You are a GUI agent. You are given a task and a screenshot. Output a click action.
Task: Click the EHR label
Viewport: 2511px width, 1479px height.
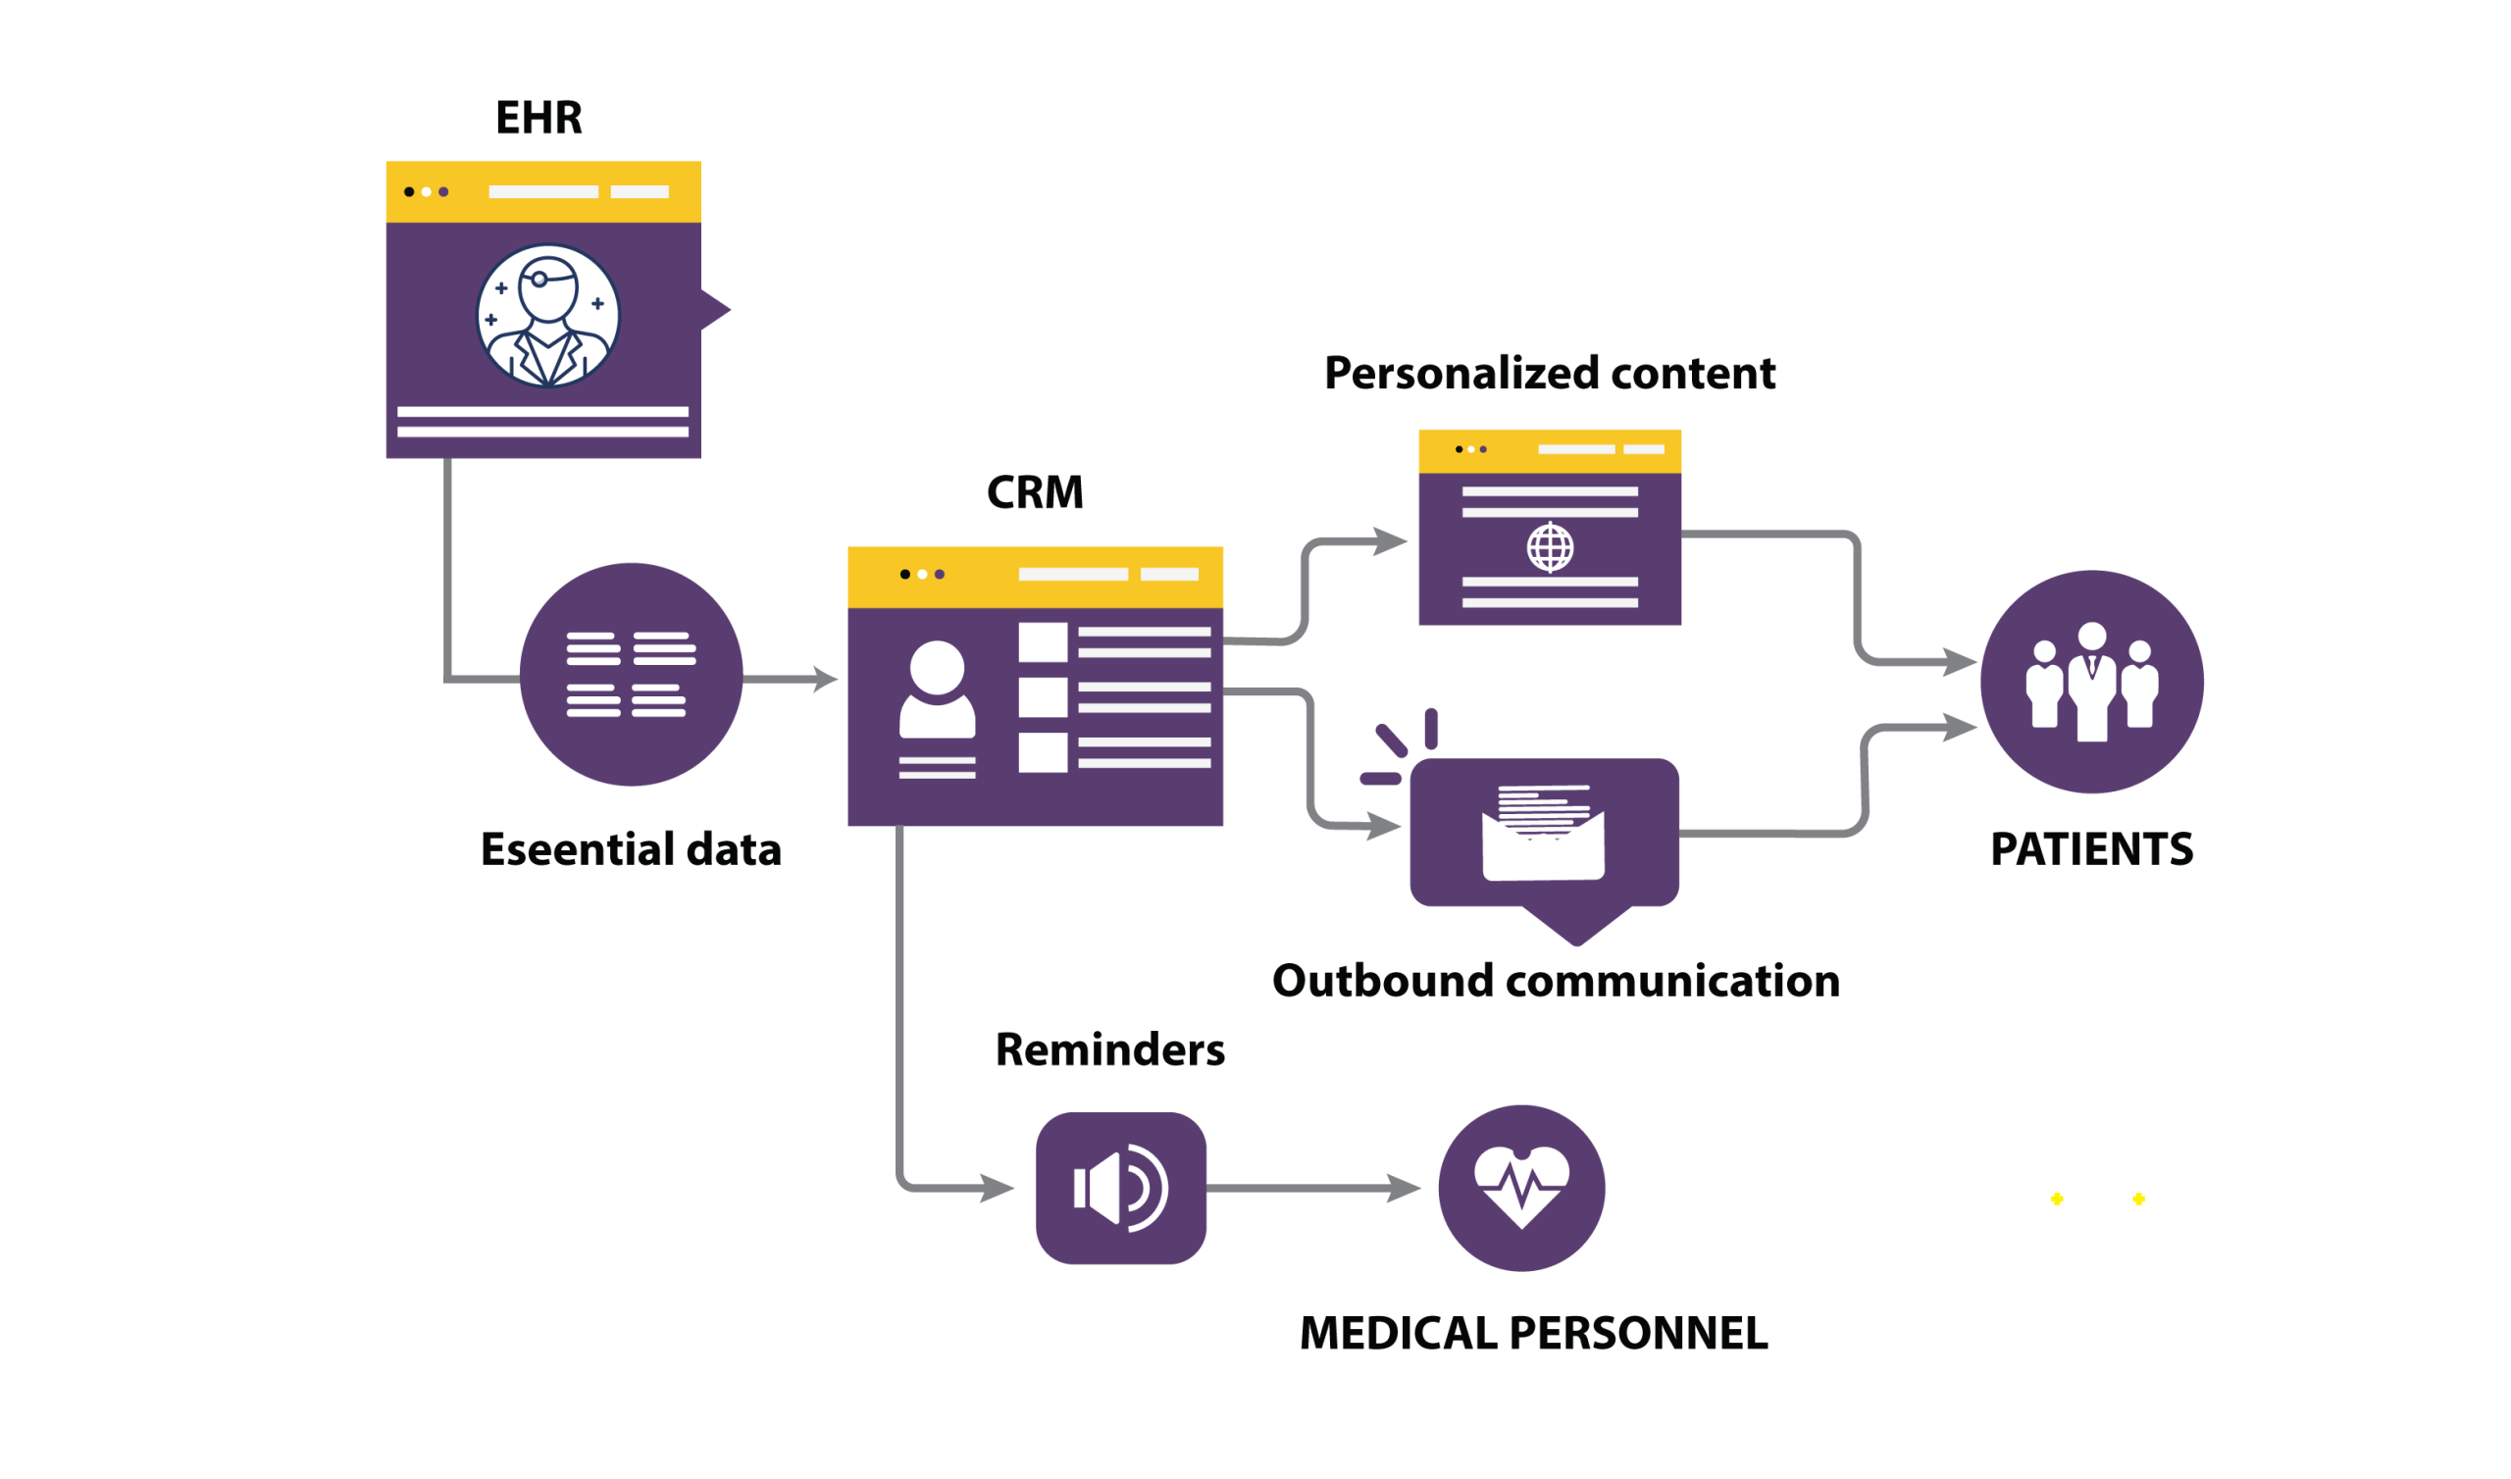click(539, 119)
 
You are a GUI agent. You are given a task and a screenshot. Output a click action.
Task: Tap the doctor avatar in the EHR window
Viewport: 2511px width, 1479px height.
click(548, 316)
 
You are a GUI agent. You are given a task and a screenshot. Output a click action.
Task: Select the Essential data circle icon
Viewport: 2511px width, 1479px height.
click(631, 675)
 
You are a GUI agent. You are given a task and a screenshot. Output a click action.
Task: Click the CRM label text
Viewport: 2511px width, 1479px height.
click(1035, 492)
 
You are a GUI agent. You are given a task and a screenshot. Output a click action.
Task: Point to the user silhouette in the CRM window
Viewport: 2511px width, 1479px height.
click(937, 689)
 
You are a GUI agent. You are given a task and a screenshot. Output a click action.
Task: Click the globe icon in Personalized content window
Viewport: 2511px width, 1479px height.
click(1550, 546)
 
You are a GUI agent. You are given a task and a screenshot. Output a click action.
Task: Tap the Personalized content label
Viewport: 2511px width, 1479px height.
click(1550, 374)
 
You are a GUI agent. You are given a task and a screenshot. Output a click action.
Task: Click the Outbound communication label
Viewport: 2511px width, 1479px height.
click(1556, 982)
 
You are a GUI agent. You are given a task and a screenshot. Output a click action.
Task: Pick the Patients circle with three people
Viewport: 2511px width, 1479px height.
click(2091, 682)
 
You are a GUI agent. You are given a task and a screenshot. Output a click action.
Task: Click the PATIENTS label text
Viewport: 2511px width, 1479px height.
click(2091, 849)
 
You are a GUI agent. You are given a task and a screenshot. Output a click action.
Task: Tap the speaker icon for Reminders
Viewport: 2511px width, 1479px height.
click(1121, 1188)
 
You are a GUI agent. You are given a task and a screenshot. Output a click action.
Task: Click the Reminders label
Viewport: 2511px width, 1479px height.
click(1110, 1050)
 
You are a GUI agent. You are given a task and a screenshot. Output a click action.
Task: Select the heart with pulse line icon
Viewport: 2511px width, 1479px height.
click(1521, 1187)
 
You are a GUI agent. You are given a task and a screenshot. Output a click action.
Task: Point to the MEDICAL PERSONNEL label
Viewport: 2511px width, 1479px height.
click(1534, 1334)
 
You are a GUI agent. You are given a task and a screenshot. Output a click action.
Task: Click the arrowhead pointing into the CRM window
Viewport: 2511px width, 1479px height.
click(827, 679)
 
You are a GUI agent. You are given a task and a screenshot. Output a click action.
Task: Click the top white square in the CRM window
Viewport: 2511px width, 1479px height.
click(1043, 642)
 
